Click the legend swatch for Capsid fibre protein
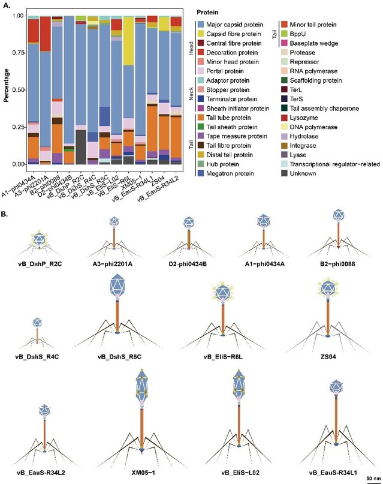point(201,34)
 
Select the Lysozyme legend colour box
point(284,118)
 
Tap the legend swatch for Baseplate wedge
point(284,43)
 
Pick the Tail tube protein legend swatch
point(201,118)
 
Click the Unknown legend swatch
point(284,173)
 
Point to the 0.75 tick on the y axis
point(26,53)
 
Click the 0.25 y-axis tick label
point(18,127)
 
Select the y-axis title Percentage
point(6,86)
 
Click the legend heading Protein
point(207,13)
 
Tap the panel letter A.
point(6,5)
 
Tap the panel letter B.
point(5,214)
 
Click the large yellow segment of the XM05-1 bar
point(128,41)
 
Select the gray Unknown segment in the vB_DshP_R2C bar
point(81,147)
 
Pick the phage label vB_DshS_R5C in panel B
point(119,357)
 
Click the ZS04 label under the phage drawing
point(328,357)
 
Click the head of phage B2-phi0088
point(339,215)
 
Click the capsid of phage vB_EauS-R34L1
point(336,386)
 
